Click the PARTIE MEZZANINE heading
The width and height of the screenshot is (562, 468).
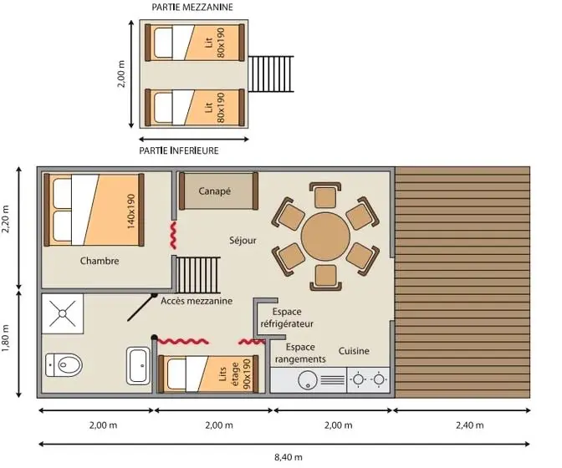192,8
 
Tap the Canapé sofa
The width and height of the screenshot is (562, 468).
218,191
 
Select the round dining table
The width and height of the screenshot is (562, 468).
325,237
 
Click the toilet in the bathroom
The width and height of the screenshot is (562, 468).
64,365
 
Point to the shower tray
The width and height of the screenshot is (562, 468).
63,313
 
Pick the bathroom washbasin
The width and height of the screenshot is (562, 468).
138,365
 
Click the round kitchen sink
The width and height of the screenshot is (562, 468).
307,380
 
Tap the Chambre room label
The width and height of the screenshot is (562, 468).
100,261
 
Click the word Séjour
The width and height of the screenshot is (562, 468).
243,240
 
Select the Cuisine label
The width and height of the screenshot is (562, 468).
354,351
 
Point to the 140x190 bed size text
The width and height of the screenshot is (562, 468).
131,211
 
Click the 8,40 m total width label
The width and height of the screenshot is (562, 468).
289,457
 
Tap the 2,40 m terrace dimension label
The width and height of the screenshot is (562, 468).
469,425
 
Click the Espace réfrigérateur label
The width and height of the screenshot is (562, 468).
287,318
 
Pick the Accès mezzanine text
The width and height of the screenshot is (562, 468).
197,301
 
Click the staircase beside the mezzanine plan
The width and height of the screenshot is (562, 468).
271,74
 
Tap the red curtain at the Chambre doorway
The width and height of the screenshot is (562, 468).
173,235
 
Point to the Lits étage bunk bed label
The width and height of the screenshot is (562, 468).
235,374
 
